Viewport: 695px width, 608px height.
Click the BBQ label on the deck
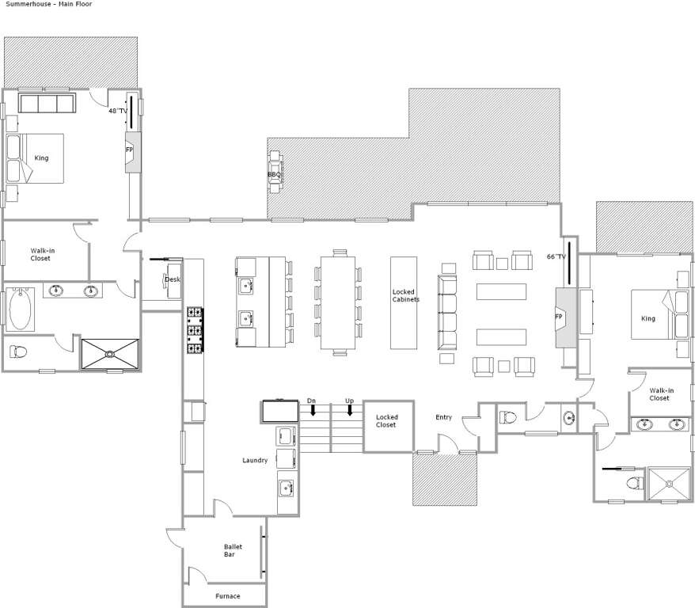274,175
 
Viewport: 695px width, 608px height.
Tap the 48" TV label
118,111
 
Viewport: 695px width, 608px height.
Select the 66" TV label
556,256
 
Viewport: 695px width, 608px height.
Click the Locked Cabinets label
405,295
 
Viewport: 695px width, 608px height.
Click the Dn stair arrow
313,410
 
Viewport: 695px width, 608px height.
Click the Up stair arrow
350,410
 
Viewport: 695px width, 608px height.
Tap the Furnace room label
228,596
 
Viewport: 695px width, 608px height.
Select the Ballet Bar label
232,550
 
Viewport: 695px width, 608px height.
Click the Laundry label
255,460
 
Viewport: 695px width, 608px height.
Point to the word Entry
443,417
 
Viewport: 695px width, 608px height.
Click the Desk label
173,279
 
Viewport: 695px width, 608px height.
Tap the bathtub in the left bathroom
20,309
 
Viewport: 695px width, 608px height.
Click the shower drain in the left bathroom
109,354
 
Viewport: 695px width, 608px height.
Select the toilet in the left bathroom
18,351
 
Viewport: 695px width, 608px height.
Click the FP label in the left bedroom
130,150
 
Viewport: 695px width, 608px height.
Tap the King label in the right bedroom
648,318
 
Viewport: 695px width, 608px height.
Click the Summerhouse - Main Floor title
49,4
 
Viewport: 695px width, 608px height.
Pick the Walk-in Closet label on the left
42,254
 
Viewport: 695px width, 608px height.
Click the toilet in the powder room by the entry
508,417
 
